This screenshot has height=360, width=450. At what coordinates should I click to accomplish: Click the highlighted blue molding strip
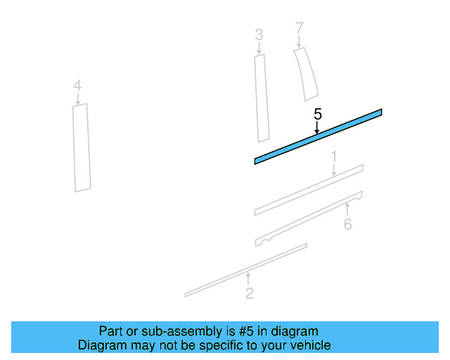(x=318, y=136)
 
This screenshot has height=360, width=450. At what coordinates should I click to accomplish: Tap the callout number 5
(x=317, y=114)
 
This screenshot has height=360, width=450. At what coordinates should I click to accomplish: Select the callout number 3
(x=259, y=34)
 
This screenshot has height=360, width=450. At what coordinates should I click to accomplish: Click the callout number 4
(x=77, y=86)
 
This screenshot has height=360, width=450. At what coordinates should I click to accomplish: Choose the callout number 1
(x=335, y=155)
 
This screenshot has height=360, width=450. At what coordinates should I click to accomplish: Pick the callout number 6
(x=347, y=224)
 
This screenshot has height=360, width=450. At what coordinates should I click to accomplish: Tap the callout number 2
(x=250, y=294)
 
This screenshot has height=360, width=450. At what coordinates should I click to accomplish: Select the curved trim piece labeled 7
(x=306, y=74)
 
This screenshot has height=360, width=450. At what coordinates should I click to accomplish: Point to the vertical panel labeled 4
(x=82, y=148)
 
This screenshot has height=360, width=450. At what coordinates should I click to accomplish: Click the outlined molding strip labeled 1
(x=309, y=189)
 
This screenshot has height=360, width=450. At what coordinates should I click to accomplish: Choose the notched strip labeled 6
(x=309, y=217)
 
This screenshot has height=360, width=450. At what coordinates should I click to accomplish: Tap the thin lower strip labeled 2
(x=246, y=270)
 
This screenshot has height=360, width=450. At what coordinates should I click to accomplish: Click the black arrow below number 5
(x=317, y=127)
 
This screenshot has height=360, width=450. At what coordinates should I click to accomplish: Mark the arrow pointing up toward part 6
(x=347, y=208)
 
